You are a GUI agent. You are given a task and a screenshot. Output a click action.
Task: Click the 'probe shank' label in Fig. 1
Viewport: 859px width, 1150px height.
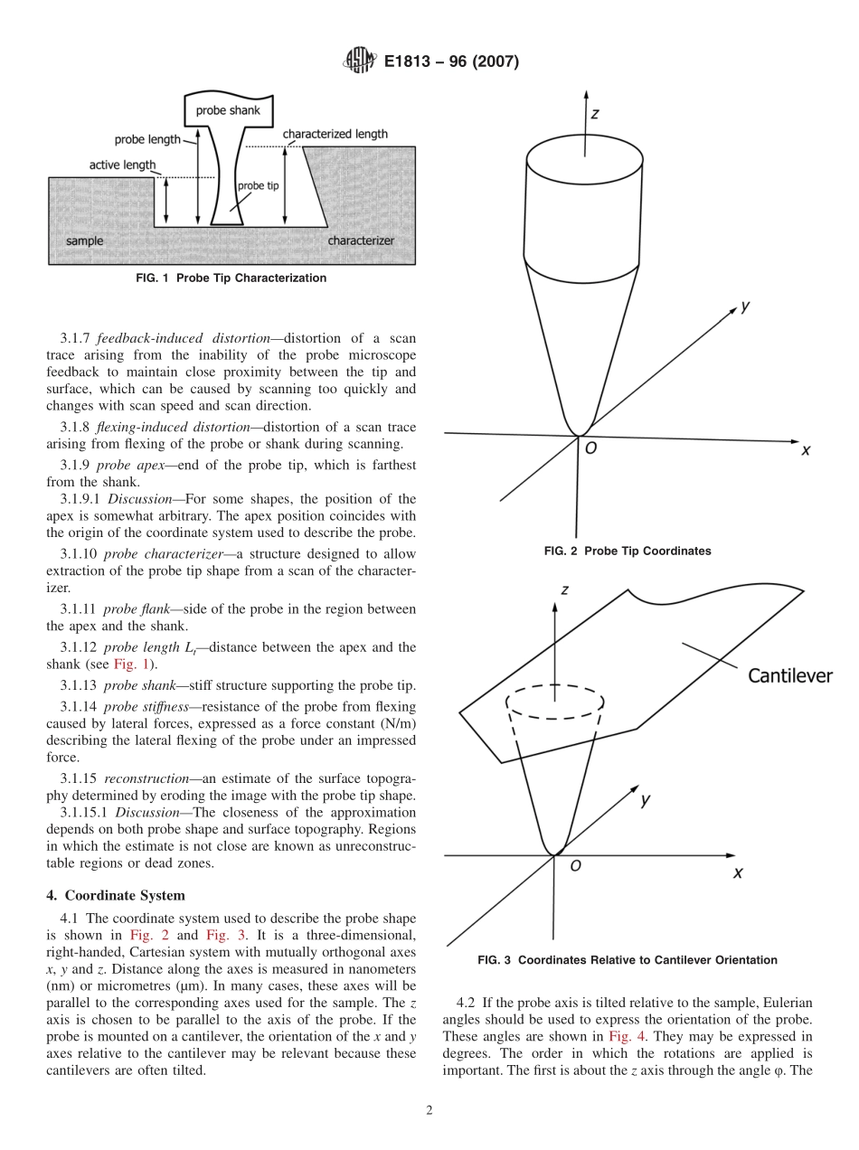point(228,111)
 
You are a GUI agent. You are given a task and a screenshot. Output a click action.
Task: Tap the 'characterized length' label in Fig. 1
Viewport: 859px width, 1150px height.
point(335,135)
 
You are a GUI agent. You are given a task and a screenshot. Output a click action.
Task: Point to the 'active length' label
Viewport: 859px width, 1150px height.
point(122,165)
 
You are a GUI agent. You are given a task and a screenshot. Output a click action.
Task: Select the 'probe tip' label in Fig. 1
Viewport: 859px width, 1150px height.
point(258,186)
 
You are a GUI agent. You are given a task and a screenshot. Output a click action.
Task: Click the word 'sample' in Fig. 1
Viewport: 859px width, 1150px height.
point(84,241)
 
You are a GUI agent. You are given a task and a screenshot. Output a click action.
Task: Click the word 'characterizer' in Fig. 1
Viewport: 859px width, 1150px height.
point(361,241)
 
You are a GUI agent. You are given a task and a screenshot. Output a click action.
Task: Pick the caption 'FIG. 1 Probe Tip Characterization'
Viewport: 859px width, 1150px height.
point(231,278)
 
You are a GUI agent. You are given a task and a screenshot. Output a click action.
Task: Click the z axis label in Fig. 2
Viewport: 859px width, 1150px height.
point(594,114)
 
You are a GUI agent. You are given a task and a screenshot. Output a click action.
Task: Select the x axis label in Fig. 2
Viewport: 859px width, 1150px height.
point(805,449)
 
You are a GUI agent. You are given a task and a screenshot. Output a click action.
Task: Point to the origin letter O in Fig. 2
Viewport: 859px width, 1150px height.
point(590,448)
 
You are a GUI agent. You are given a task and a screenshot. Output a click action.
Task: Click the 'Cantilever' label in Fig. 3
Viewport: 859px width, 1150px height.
point(789,675)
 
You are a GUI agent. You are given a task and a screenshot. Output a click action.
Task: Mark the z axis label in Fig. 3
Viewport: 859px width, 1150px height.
point(564,589)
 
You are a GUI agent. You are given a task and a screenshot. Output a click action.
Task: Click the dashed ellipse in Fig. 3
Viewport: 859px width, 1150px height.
point(554,702)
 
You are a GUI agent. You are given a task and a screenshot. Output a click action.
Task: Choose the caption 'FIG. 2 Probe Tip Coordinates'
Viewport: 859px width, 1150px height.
point(627,551)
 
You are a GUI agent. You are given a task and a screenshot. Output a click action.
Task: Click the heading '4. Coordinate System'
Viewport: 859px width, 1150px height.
point(116,896)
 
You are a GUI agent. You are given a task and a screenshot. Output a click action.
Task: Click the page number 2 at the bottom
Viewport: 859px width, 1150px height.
point(429,1111)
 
